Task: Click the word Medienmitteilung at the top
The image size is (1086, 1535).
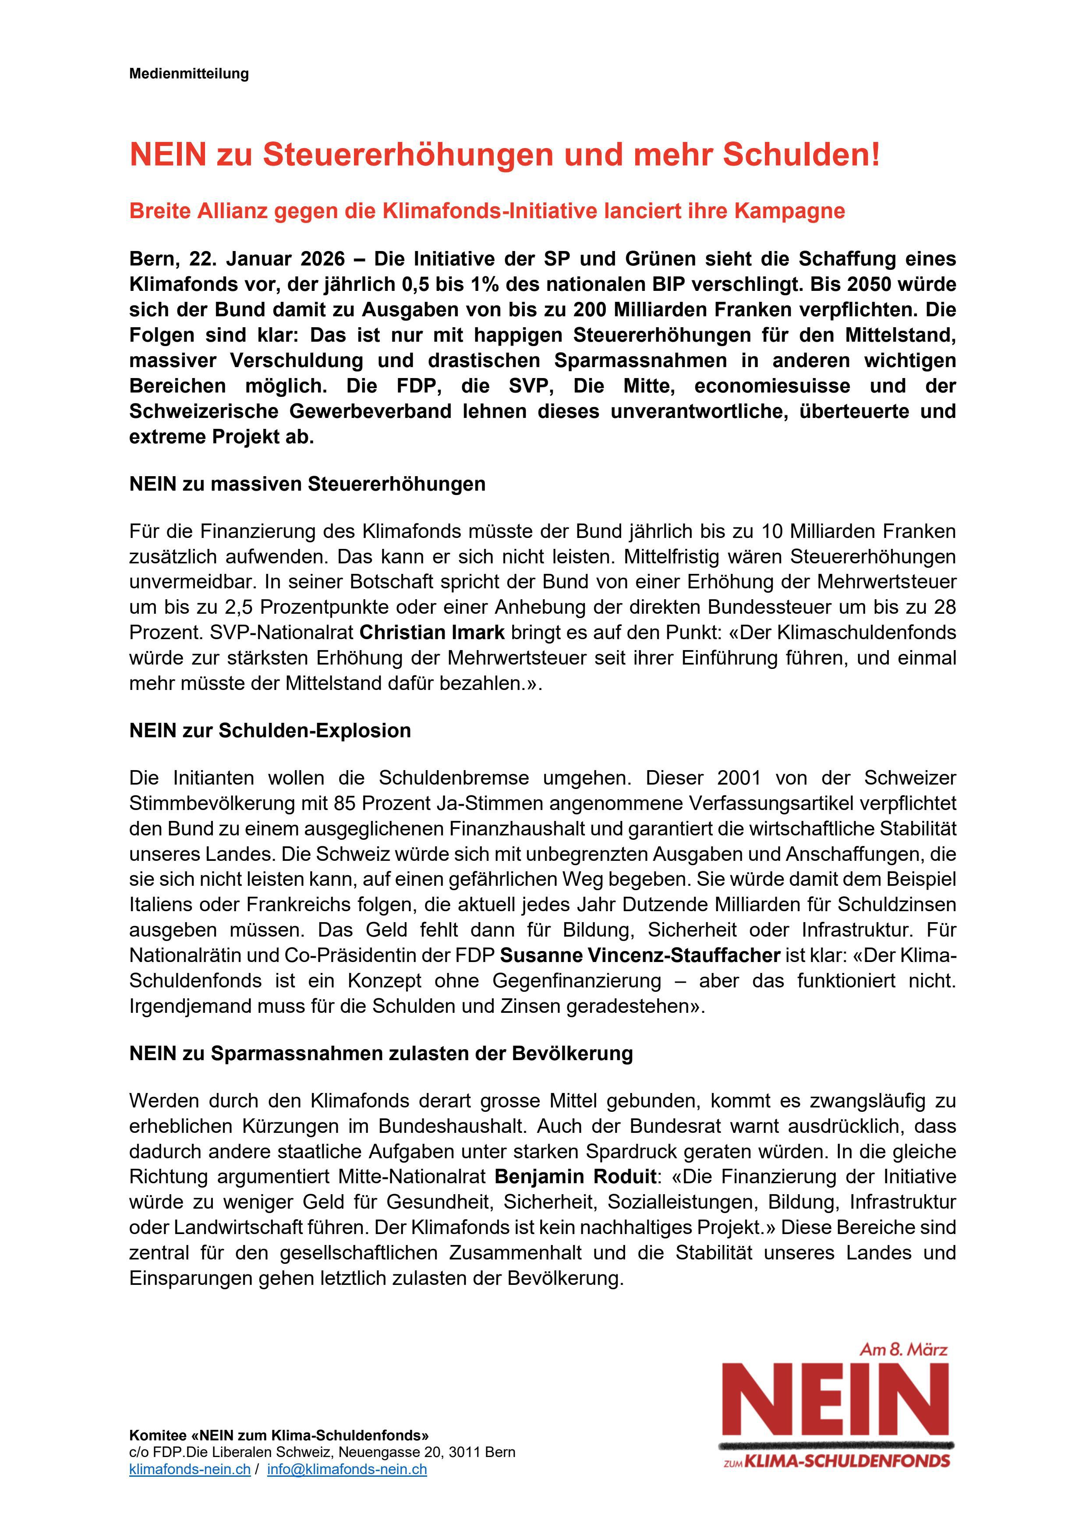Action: coord(188,74)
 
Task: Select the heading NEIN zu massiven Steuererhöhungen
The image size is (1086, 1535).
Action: coord(307,484)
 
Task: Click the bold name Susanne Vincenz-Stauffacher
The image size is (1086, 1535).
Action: coord(640,956)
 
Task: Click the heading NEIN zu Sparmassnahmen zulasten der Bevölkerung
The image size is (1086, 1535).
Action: coord(381,1054)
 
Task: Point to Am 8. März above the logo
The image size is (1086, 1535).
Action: coord(903,1350)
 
